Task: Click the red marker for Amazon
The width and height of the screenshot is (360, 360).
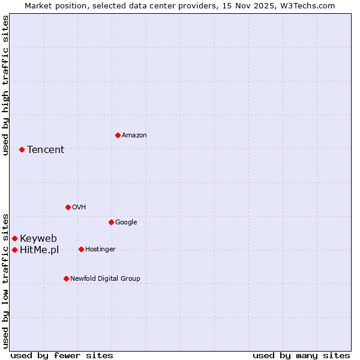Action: click(118, 135)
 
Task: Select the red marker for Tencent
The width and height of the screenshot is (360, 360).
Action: click(22, 149)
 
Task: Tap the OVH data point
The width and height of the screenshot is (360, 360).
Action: click(68, 207)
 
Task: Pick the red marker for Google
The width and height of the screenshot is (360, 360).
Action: click(111, 222)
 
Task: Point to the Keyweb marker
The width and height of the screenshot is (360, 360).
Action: click(14, 238)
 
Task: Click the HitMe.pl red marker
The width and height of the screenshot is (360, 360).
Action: click(14, 250)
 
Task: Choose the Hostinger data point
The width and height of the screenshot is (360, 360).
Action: click(81, 249)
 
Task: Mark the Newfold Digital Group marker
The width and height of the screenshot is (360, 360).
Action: click(66, 278)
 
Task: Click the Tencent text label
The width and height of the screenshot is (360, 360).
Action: click(46, 149)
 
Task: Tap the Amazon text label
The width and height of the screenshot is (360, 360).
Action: click(134, 135)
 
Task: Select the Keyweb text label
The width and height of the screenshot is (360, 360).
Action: click(38, 238)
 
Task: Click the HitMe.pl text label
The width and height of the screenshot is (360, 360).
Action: click(39, 250)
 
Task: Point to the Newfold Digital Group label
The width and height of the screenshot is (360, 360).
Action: click(105, 278)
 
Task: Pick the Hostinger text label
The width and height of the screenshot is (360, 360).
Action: click(100, 249)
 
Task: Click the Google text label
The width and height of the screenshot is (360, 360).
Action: click(126, 222)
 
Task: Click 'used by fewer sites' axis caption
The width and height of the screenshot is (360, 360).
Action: click(62, 355)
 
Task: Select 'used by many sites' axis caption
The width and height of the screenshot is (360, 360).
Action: click(301, 355)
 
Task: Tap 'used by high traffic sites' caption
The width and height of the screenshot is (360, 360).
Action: click(5, 85)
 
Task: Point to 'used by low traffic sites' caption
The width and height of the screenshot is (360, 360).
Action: click(5, 280)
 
